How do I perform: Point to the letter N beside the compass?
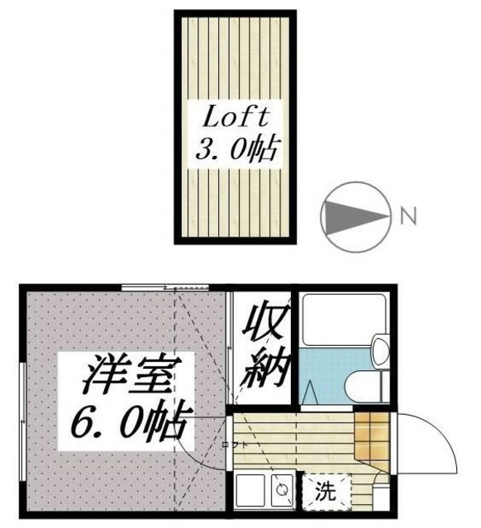(407, 217)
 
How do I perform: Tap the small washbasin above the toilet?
(381, 350)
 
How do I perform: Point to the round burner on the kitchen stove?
(281, 490)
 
